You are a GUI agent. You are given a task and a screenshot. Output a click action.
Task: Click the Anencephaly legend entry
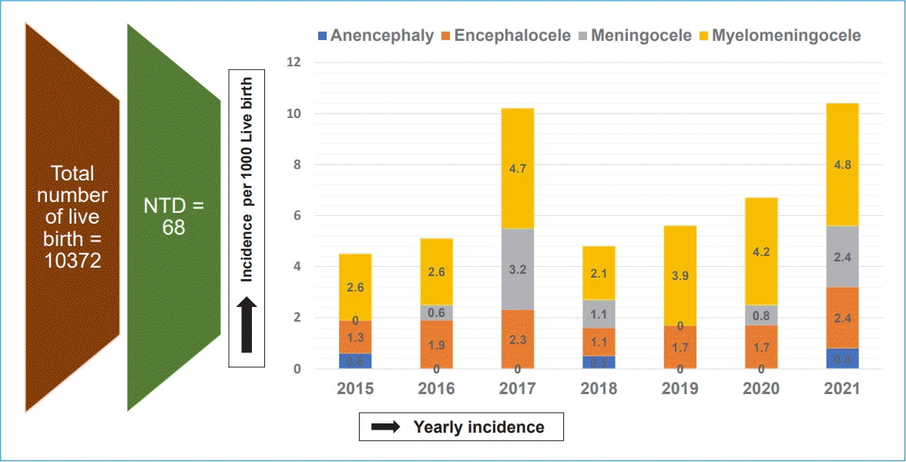click(x=375, y=35)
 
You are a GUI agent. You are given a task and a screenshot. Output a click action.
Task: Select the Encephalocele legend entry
click(x=505, y=35)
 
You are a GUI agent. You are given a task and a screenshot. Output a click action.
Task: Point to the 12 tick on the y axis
click(x=294, y=62)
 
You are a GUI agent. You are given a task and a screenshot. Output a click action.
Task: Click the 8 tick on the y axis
click(x=297, y=165)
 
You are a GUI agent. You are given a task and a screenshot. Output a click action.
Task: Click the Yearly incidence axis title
click(x=478, y=427)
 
